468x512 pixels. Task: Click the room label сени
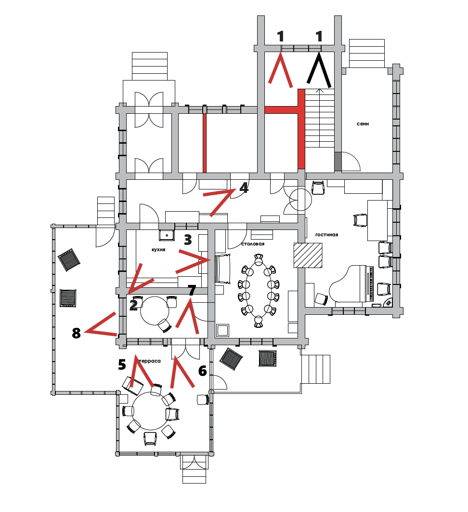point(363,124)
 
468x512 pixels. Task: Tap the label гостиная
point(326,235)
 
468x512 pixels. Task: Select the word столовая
point(253,244)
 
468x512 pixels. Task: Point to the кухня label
point(158,250)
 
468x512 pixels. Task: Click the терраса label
point(149,360)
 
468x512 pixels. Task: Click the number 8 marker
point(76,333)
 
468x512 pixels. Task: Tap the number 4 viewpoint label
point(244,188)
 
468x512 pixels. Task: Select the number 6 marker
point(202,371)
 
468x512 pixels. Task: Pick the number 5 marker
point(122,364)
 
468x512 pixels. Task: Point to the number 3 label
point(188,239)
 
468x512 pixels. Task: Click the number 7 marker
point(192,290)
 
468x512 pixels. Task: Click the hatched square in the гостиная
point(308,255)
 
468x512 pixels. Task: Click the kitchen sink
point(167,235)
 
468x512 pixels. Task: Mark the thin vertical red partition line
point(204,143)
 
